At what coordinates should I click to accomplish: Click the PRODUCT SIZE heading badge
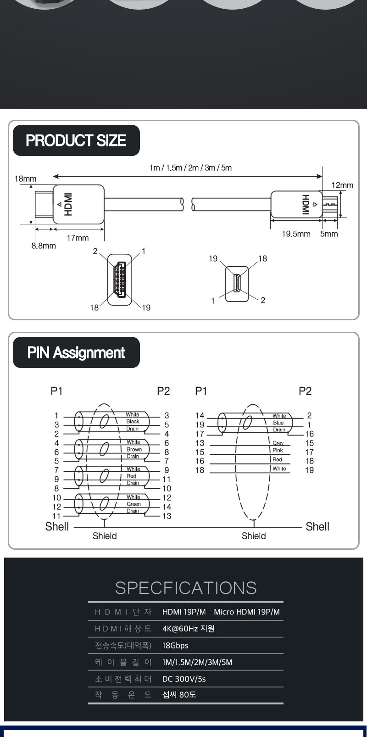pyautogui.click(x=76, y=140)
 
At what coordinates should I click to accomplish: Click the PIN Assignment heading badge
pyautogui.click(x=76, y=352)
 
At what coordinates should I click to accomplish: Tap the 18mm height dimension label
pyautogui.click(x=25, y=179)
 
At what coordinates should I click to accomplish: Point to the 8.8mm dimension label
pyautogui.click(x=44, y=246)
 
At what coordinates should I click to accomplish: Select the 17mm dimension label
pyautogui.click(x=78, y=238)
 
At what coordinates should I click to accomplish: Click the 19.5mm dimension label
pyautogui.click(x=296, y=234)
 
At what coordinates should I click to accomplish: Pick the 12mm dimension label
pyautogui.click(x=343, y=185)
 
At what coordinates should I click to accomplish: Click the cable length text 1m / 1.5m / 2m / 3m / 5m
pyautogui.click(x=190, y=168)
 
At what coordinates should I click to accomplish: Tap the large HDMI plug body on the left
pyautogui.click(x=78, y=204)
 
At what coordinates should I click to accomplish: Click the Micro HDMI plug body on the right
pyautogui.click(x=295, y=204)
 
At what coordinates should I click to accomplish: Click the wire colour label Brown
pyautogui.click(x=134, y=449)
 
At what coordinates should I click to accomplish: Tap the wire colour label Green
pyautogui.click(x=133, y=504)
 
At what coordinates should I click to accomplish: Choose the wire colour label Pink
pyautogui.click(x=278, y=450)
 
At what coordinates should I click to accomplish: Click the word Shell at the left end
pyautogui.click(x=57, y=526)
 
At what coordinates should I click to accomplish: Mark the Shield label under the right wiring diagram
pyautogui.click(x=254, y=536)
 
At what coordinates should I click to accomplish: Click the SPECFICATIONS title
pyautogui.click(x=186, y=588)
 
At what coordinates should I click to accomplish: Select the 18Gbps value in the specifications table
pyautogui.click(x=175, y=645)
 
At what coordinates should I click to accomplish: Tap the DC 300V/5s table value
pyautogui.click(x=184, y=679)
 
